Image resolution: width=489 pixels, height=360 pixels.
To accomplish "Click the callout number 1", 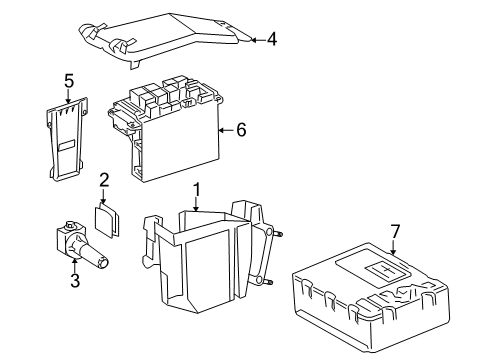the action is click(197, 190).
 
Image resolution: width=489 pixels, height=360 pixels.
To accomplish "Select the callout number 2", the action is click(104, 180).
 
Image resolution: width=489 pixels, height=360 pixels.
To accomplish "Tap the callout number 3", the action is click(75, 280).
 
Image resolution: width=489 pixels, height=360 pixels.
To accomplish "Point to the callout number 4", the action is click(272, 39).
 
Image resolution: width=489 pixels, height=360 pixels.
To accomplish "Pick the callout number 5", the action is click(69, 81).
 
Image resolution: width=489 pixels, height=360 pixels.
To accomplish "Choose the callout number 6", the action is click(241, 130).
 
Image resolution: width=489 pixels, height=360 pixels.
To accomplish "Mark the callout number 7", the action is click(395, 231).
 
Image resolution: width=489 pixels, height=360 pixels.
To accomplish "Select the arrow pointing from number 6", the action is click(226, 130).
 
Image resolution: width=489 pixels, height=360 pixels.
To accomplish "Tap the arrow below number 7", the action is click(393, 249).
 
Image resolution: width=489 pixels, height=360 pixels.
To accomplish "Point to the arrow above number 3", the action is click(75, 265).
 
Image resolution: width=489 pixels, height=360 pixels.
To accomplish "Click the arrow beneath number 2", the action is click(103, 196).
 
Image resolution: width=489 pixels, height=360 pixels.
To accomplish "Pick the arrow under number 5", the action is click(68, 97).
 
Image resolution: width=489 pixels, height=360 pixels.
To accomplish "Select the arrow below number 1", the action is click(197, 205).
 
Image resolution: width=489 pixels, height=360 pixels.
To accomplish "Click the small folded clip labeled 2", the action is click(107, 220).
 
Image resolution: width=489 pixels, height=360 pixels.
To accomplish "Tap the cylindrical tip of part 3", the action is click(102, 263).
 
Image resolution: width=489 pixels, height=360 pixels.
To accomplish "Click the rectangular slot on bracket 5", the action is click(67, 145).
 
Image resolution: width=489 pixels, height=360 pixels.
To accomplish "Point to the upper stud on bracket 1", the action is click(279, 234).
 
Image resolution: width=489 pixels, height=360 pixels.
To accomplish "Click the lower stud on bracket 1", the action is click(269, 282).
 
